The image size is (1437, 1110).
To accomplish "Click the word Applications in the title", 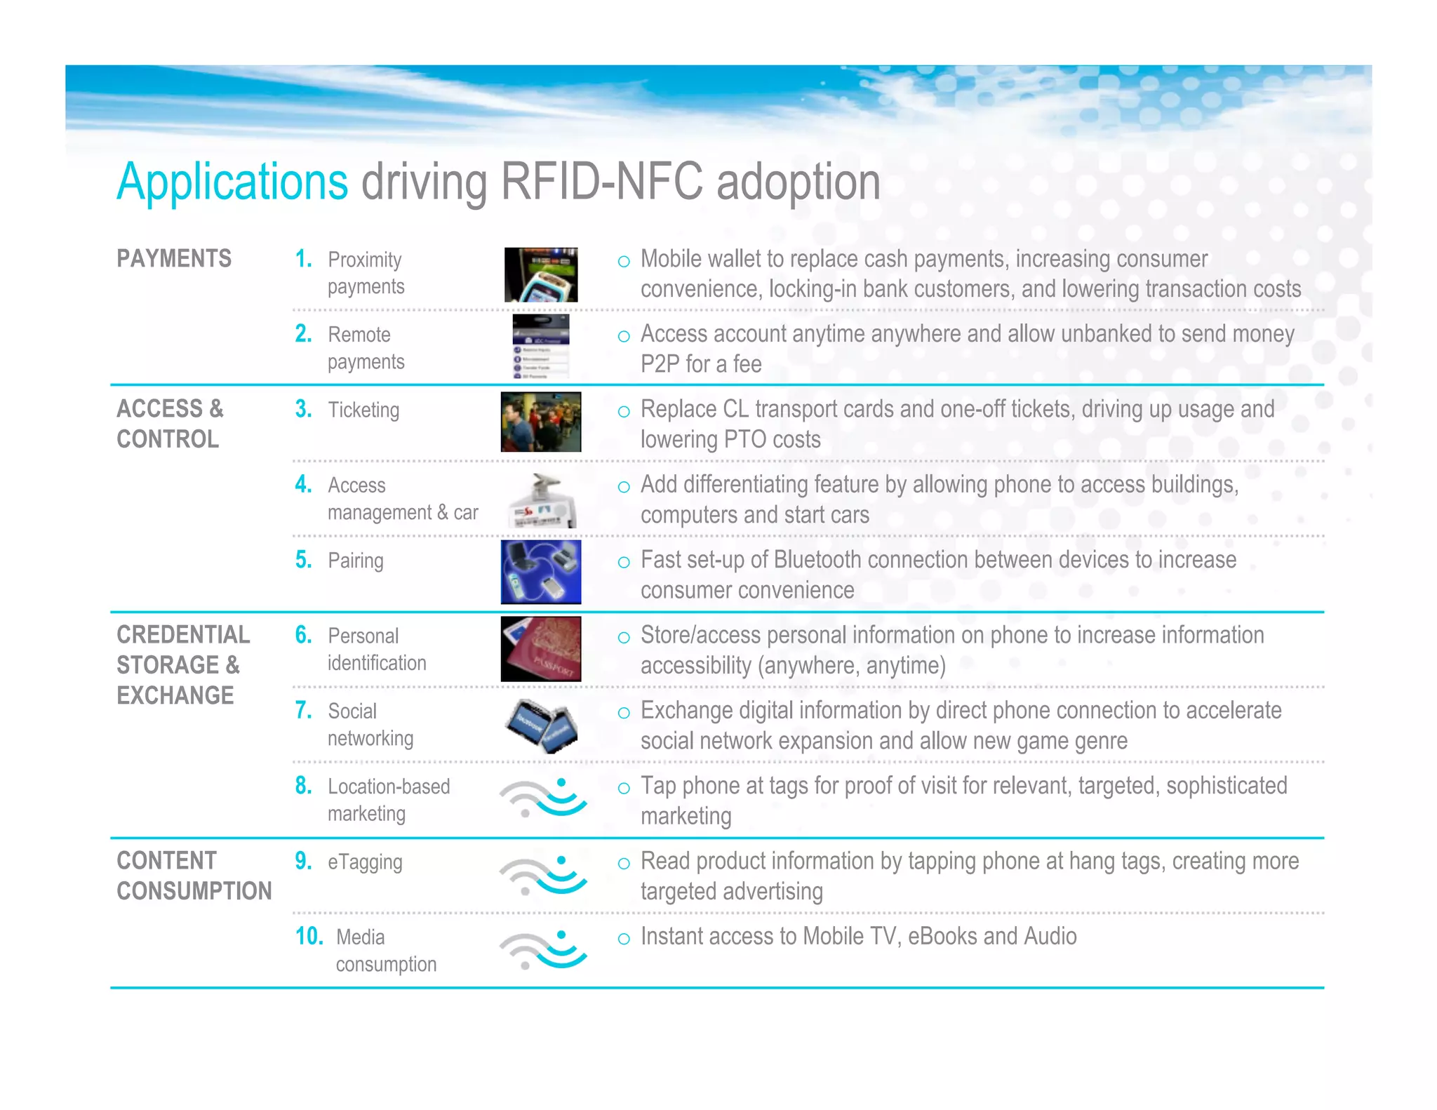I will click(232, 182).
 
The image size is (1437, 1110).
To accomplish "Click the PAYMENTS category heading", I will click(174, 259).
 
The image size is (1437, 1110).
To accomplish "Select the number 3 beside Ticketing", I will click(303, 409).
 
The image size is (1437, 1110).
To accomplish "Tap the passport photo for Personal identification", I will click(541, 649).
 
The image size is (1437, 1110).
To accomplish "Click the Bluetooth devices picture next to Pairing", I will click(541, 572).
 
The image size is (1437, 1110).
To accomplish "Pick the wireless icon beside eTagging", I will click(542, 875).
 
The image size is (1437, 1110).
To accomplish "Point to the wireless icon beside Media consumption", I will click(542, 950).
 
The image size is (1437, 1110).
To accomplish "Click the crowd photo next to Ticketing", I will click(541, 422).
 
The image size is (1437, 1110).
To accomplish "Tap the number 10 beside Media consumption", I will click(309, 936).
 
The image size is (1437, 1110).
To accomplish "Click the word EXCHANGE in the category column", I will click(175, 695).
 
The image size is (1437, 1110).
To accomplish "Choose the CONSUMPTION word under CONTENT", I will click(194, 891).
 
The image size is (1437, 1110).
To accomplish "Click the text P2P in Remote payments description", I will click(660, 364).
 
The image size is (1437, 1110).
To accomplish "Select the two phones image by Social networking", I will click(541, 725).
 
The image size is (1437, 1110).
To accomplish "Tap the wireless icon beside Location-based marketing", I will click(542, 798).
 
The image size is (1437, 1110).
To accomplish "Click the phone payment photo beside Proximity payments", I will click(541, 275).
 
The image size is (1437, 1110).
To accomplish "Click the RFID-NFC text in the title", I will click(601, 182).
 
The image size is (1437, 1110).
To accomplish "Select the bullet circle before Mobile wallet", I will click(624, 262).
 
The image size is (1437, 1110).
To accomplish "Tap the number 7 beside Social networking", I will click(303, 710).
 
